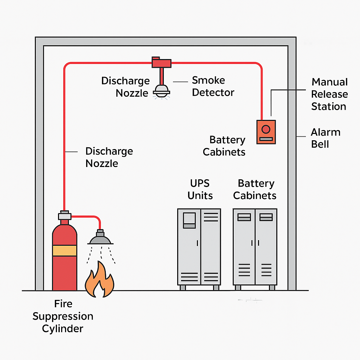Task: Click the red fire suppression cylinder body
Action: (65, 271)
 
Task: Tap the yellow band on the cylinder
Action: (65, 250)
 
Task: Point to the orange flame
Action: (100, 280)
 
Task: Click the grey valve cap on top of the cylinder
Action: (65, 215)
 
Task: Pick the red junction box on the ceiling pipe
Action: (161, 63)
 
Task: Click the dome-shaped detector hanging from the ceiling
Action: (161, 90)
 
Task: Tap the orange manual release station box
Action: (266, 132)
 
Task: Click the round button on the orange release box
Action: (266, 129)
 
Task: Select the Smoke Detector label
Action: (213, 86)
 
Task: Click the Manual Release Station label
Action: (329, 94)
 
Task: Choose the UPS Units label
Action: (200, 189)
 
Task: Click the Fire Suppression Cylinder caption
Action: (63, 316)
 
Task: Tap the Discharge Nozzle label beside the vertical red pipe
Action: (109, 157)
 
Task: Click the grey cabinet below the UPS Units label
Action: (199, 246)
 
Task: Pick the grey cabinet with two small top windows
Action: (255, 246)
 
